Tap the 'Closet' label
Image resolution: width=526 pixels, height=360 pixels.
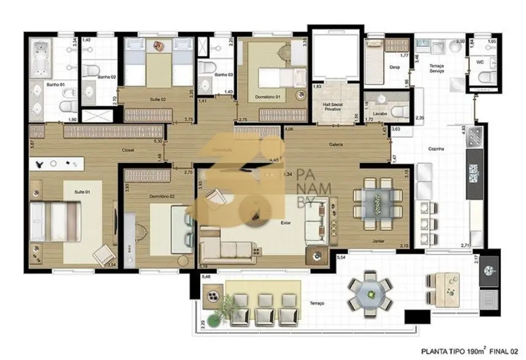(x=129, y=150)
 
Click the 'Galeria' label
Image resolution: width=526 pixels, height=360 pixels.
(x=335, y=144)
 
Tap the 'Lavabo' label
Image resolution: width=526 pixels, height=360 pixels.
(x=380, y=114)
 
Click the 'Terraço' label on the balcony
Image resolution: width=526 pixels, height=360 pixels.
(x=318, y=304)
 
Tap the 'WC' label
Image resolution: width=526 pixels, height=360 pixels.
(x=480, y=62)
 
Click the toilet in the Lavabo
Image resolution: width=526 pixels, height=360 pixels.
(x=397, y=111)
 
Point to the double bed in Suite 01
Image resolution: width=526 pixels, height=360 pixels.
(x=55, y=220)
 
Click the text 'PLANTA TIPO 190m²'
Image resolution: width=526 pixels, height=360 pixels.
(x=451, y=351)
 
